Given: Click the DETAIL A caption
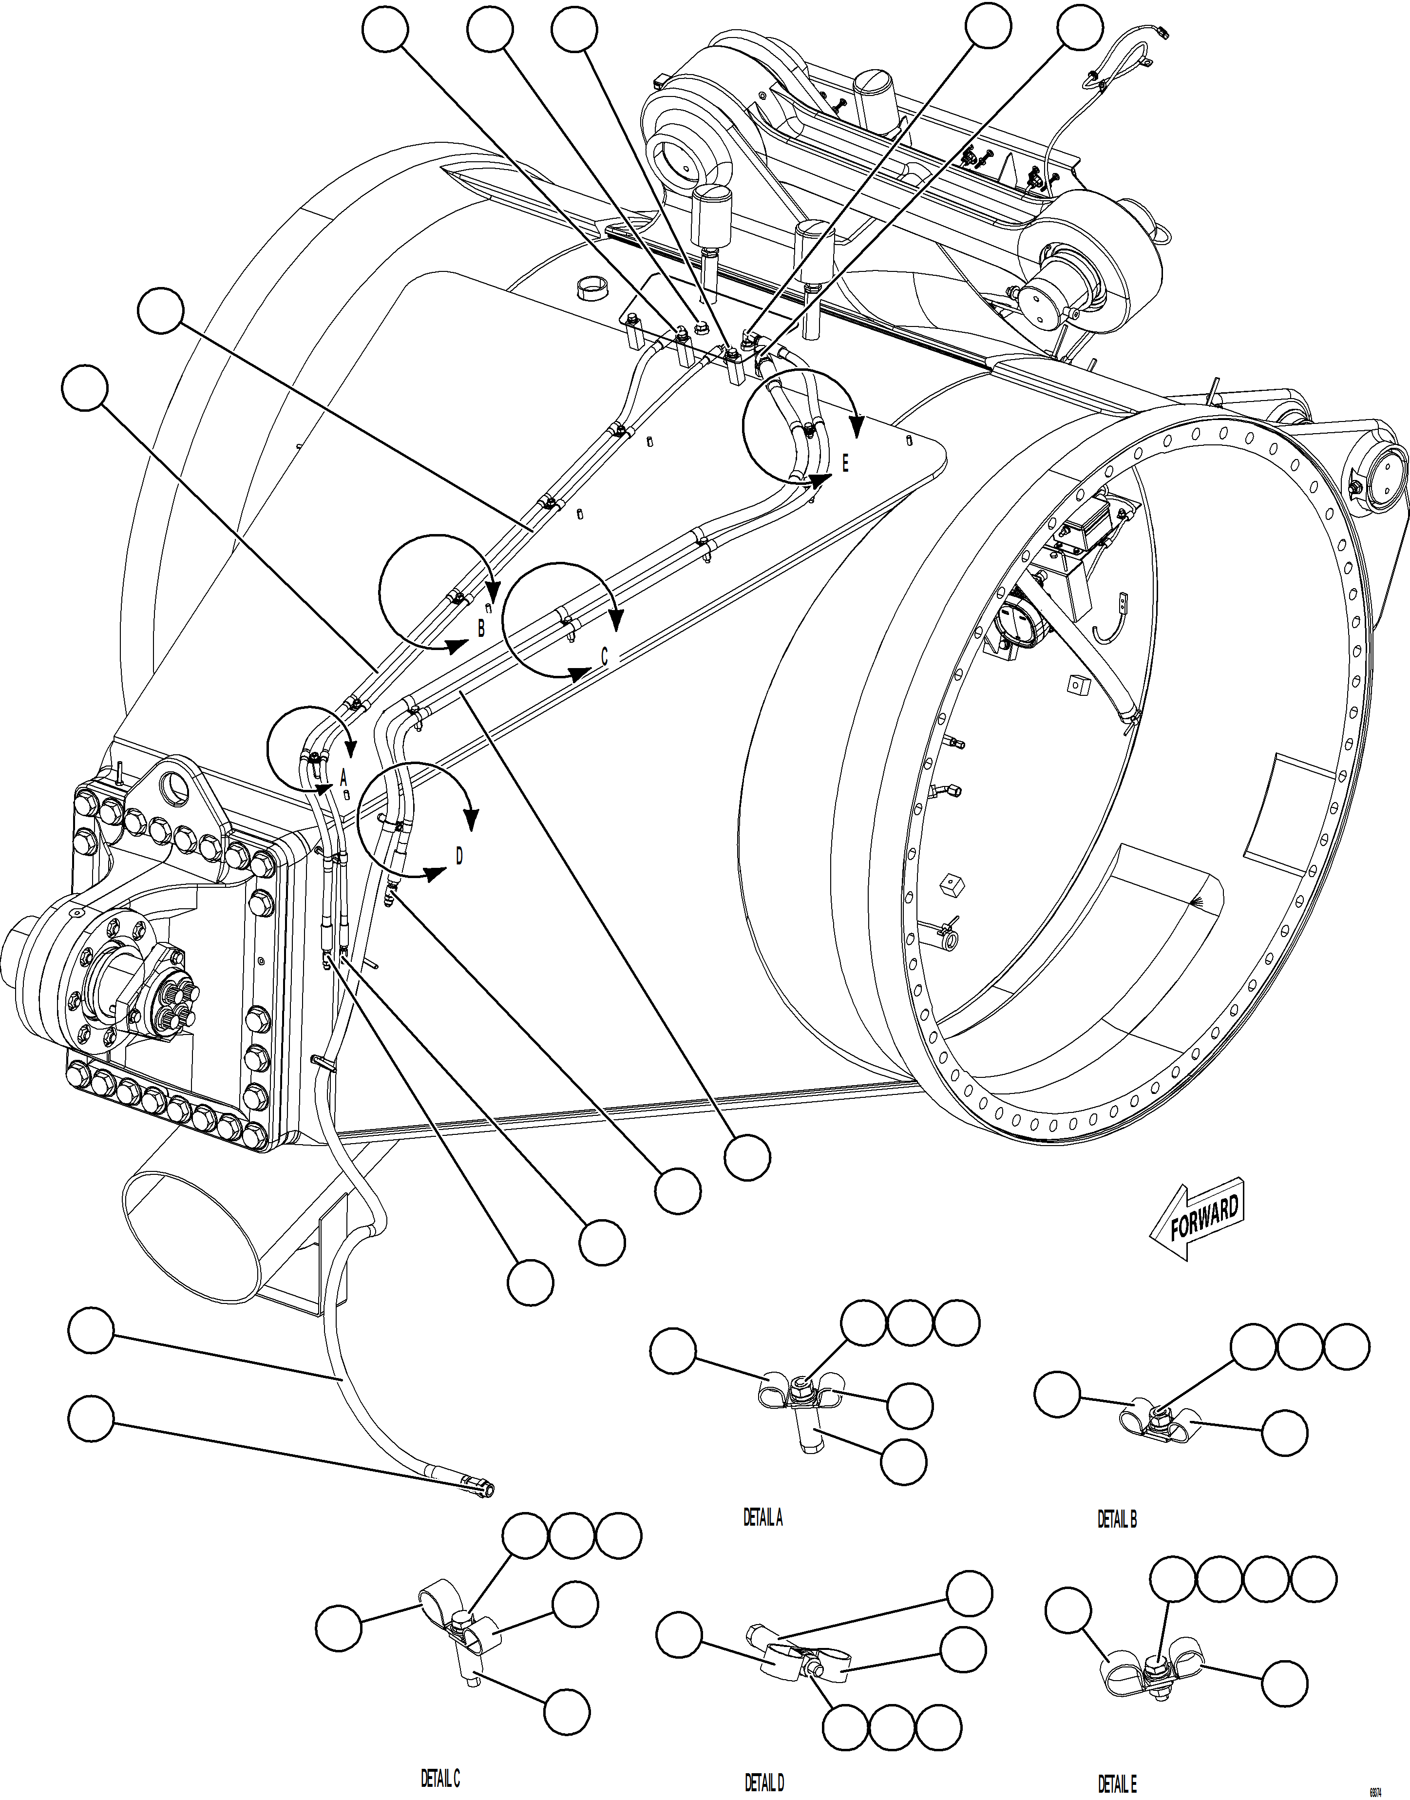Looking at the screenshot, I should [763, 1517].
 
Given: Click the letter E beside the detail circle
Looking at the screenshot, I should [844, 463].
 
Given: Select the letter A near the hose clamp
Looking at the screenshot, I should [344, 777].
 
